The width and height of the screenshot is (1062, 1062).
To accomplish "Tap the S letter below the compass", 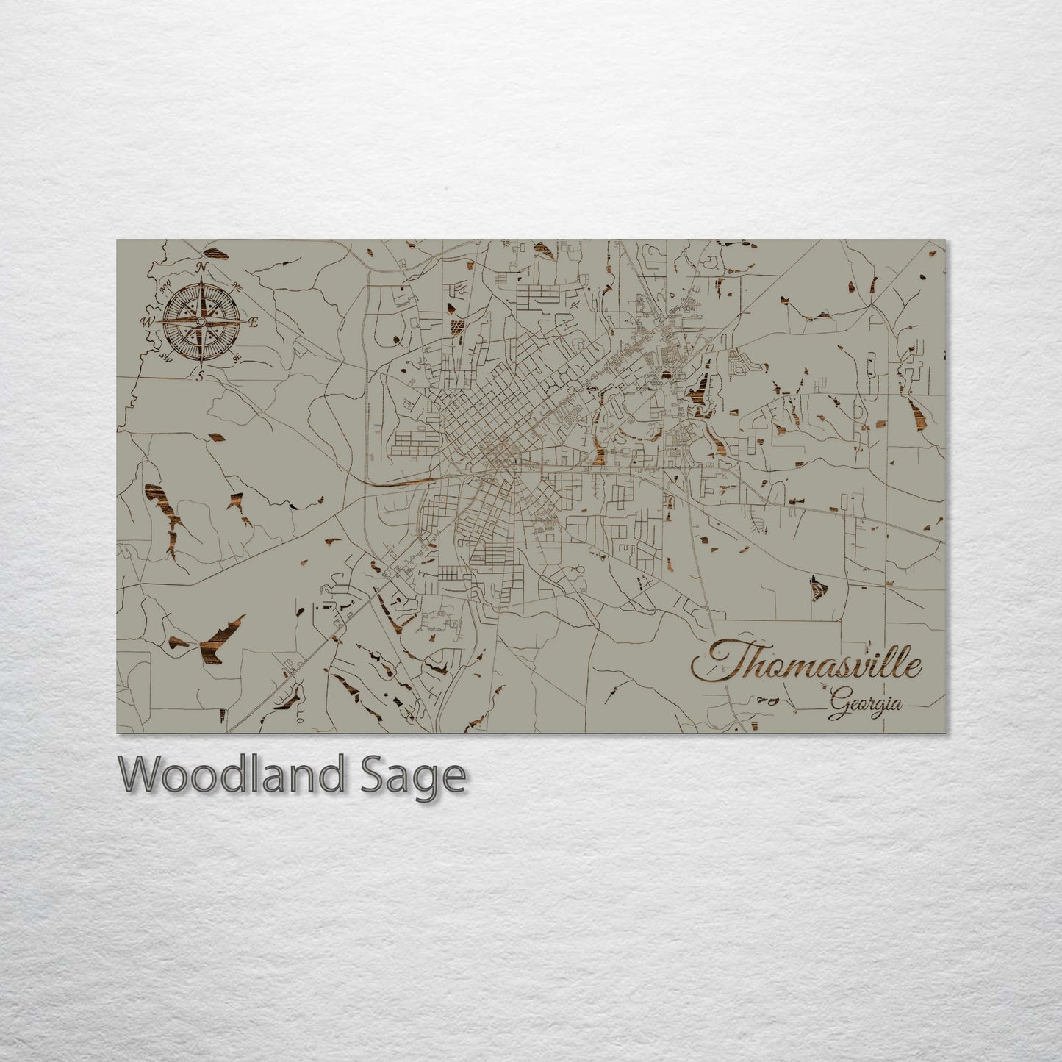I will click(x=199, y=376).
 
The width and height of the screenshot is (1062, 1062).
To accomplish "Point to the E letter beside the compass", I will click(x=253, y=322).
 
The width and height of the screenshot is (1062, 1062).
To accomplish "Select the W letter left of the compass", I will click(x=146, y=322).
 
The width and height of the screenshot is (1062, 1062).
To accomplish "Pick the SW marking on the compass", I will click(x=165, y=358).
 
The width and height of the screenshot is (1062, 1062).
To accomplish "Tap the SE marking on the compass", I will click(x=237, y=358).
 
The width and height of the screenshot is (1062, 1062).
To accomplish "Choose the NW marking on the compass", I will click(x=165, y=286).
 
